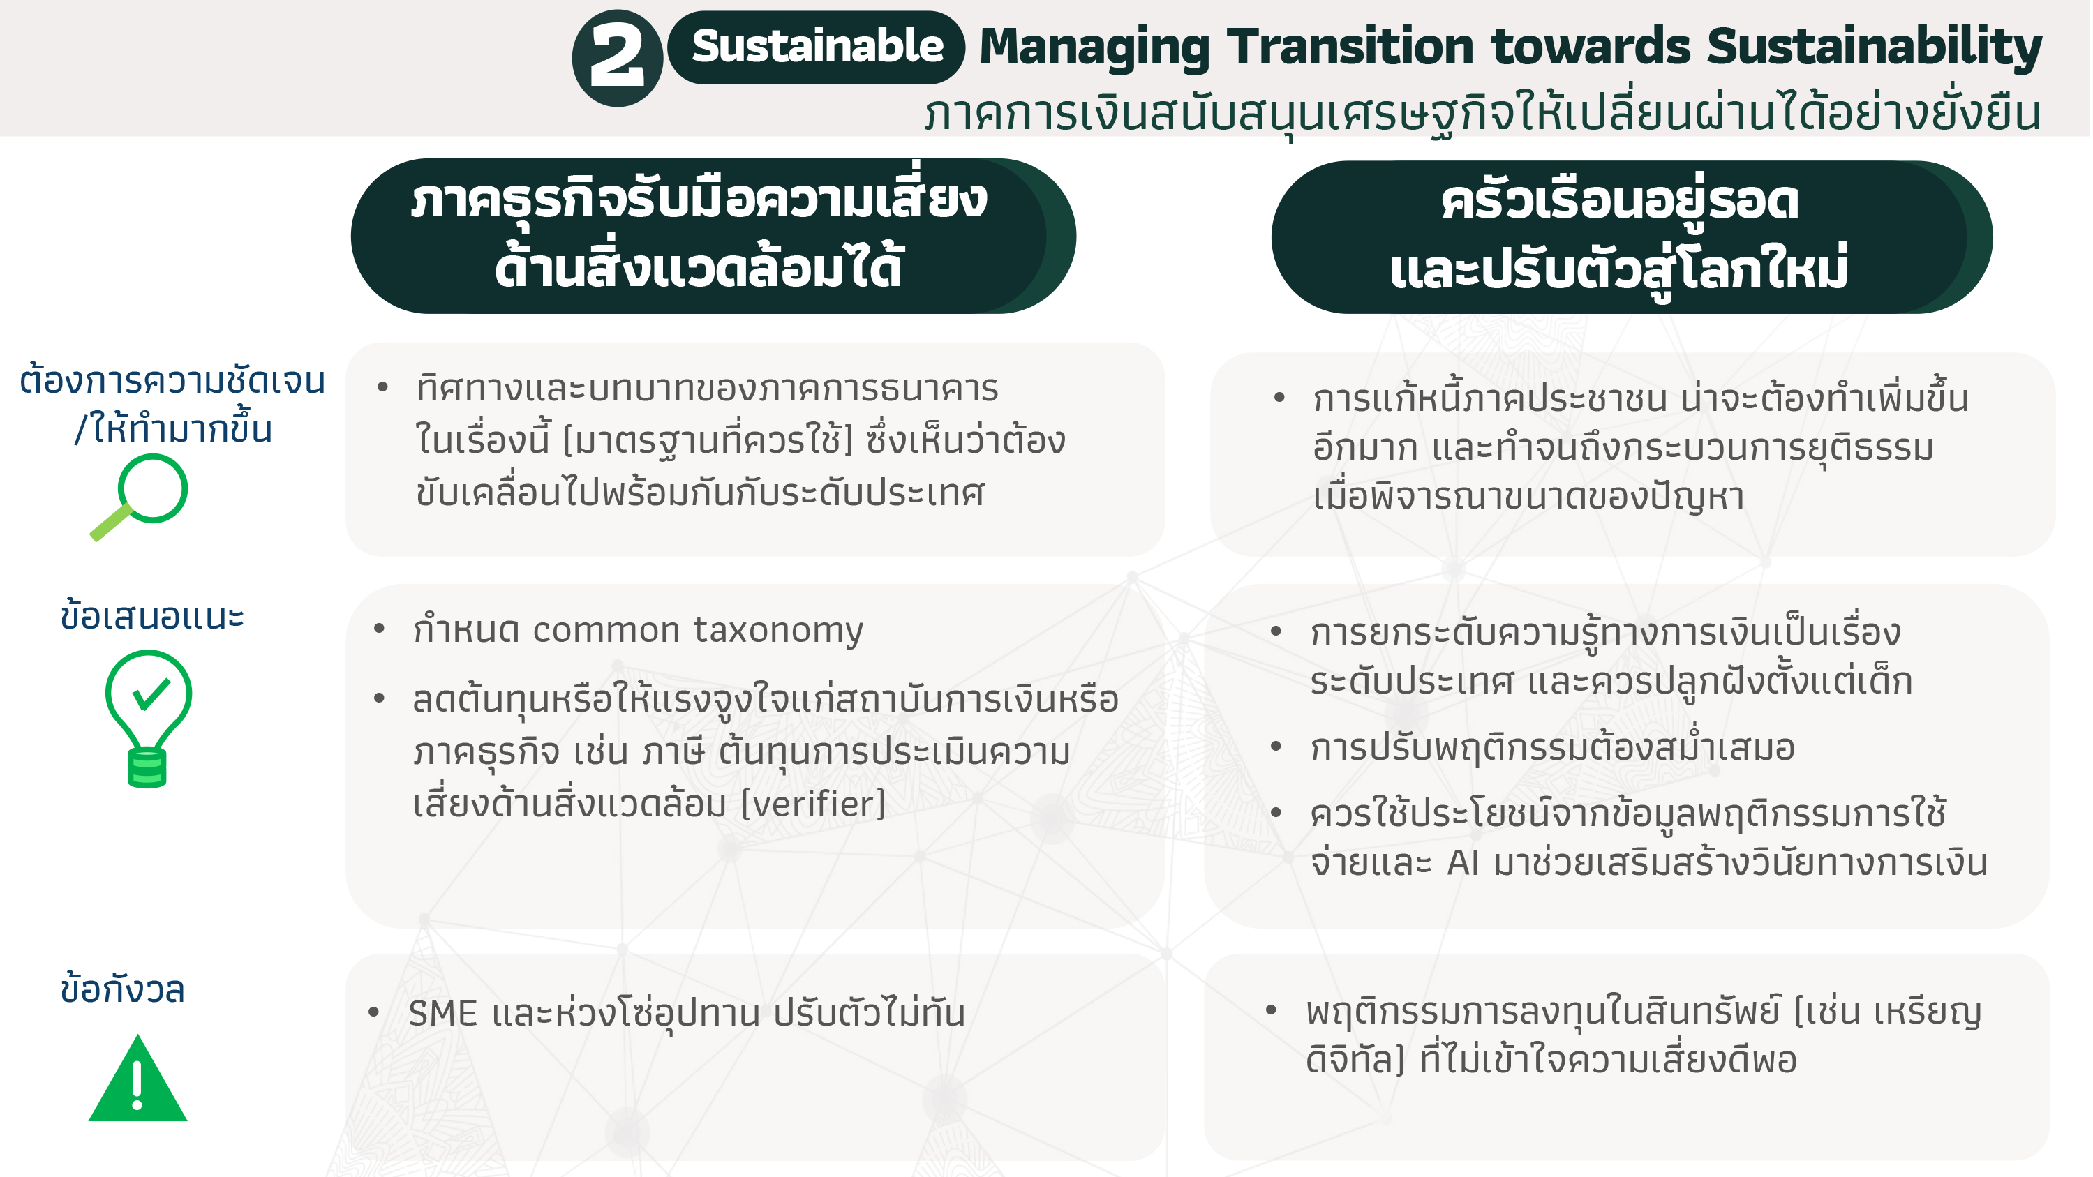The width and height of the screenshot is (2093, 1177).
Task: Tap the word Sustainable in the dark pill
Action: pos(817,46)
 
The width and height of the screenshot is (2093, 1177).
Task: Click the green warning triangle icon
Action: pos(138,1078)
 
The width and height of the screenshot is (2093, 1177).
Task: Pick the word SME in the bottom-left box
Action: pos(442,1014)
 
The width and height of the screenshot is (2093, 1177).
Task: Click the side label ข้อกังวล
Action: pos(123,989)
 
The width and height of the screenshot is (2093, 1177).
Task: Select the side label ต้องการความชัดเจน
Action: pos(172,380)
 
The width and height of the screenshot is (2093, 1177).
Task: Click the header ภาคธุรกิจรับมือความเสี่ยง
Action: pos(699,200)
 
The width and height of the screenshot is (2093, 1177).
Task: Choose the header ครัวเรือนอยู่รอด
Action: pos(1619,202)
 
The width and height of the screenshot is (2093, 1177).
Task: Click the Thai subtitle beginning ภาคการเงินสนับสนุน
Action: pos(1482,114)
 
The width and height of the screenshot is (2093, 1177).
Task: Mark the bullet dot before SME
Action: pos(374,1012)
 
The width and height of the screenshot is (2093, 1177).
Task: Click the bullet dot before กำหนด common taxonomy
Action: pos(379,629)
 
